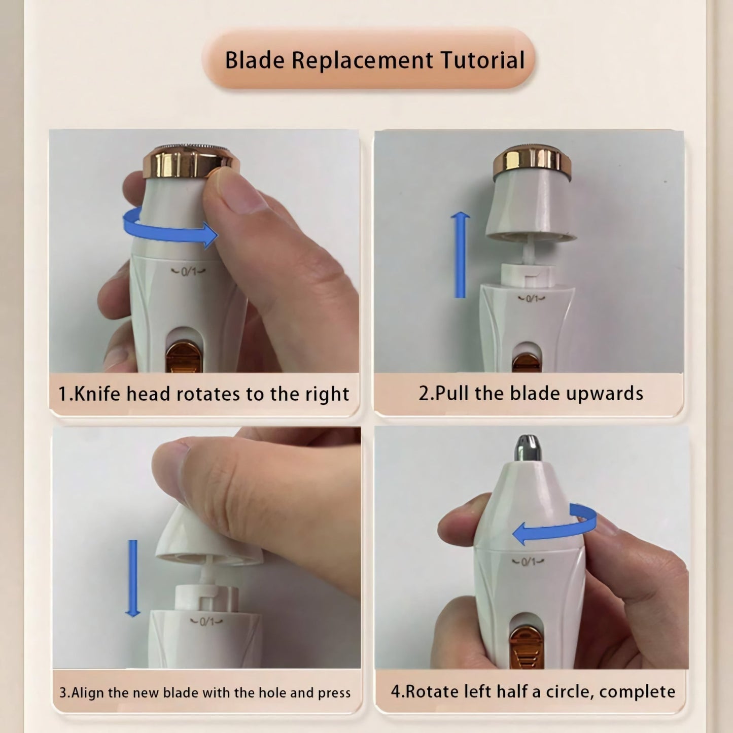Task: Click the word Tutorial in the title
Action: [483, 60]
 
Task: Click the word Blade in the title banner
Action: [255, 60]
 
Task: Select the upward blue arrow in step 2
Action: [460, 255]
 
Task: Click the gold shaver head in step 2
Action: [532, 162]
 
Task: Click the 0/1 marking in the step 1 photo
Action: [188, 271]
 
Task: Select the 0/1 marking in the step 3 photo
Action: [206, 622]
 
